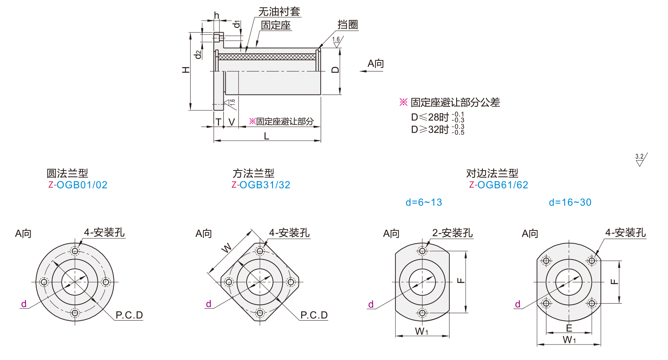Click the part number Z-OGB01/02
(x=78, y=185)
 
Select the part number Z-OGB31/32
(x=261, y=185)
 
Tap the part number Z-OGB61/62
(x=499, y=185)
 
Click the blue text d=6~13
(x=424, y=202)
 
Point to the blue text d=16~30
(x=570, y=202)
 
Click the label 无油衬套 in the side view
(x=279, y=12)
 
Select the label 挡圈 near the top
(x=348, y=25)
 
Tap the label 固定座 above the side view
(x=276, y=25)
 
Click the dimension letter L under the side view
(x=267, y=136)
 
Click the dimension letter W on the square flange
(x=226, y=248)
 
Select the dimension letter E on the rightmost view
(x=569, y=328)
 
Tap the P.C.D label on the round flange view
(x=129, y=315)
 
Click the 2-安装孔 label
(x=452, y=233)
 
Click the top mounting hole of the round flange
(x=75, y=251)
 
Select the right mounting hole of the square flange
(x=290, y=282)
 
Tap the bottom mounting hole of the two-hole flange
(x=422, y=313)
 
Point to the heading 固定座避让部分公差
(x=455, y=103)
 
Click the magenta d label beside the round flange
(x=24, y=304)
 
